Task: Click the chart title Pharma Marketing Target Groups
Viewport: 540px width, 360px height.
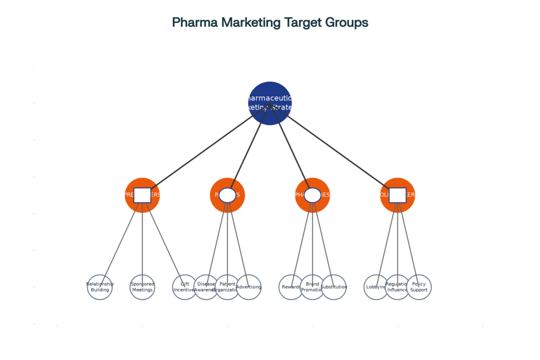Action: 270,23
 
